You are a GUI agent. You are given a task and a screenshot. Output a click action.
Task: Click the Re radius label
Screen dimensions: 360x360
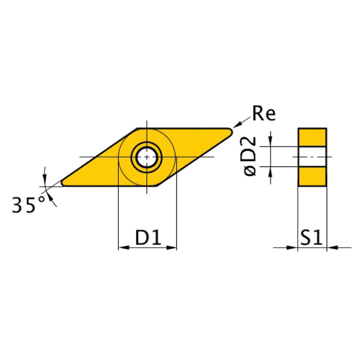pyautogui.click(x=264, y=114)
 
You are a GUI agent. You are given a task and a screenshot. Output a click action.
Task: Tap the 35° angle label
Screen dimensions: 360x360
pyautogui.click(x=29, y=206)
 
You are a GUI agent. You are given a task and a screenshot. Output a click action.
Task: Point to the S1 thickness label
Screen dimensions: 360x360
pyautogui.click(x=312, y=237)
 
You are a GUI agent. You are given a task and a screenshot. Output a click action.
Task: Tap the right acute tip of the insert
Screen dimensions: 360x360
pyautogui.click(x=230, y=131)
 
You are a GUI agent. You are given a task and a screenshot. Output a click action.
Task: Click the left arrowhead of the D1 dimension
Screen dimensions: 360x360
pyautogui.click(x=122, y=247)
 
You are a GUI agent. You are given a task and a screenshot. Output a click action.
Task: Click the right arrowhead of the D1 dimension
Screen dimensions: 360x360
pyautogui.click(x=171, y=247)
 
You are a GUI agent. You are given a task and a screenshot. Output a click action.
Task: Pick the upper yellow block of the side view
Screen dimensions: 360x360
pyautogui.click(x=312, y=137)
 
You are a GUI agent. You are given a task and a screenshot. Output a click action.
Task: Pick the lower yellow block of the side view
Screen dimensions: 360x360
pyautogui.click(x=312, y=176)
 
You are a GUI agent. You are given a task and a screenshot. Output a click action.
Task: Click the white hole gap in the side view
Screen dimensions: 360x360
pyautogui.click(x=312, y=156)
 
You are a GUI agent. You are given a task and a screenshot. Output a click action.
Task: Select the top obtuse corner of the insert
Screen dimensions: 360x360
pyautogui.click(x=138, y=129)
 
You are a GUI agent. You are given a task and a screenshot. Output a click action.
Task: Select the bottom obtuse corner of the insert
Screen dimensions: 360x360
pyautogui.click(x=156, y=184)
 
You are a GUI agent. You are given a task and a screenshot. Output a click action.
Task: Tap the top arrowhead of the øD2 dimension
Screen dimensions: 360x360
pyautogui.click(x=270, y=142)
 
